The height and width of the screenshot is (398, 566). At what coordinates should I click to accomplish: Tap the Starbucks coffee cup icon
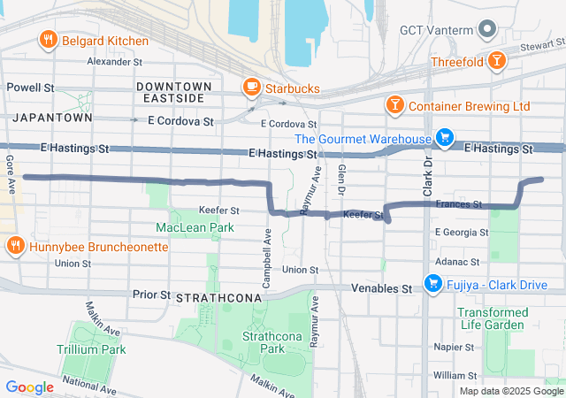coord(252,88)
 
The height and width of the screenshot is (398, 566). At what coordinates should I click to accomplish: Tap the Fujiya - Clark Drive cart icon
coord(432,283)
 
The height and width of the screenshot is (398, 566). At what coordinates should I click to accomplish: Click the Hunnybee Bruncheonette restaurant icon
coord(14,245)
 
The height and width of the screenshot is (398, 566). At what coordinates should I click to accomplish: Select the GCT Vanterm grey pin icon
coord(486,30)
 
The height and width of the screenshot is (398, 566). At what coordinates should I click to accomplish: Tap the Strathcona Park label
coord(264,342)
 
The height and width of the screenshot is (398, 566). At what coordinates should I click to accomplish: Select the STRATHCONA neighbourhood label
coord(219,298)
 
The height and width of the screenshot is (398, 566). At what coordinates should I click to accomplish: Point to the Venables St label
coord(382,288)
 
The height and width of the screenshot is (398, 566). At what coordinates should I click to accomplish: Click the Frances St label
coord(458,204)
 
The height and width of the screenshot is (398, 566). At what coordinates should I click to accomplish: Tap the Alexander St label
coord(114,62)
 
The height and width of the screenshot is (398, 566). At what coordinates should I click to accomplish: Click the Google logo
coord(30,387)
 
